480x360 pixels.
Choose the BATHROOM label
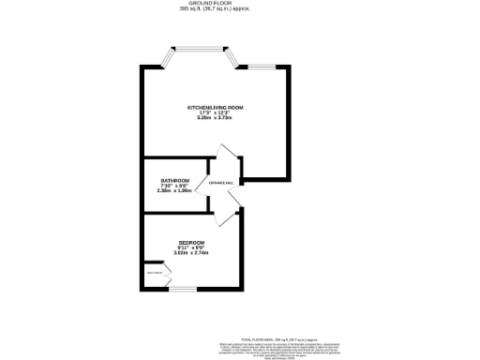tap(174, 180)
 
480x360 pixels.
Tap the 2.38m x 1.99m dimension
tap(174, 191)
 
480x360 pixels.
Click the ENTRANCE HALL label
tap(220, 183)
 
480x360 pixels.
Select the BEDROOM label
tap(190, 241)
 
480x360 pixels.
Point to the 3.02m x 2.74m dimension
tap(190, 252)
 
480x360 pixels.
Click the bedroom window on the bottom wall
tap(183, 289)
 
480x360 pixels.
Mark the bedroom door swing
tap(223, 217)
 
